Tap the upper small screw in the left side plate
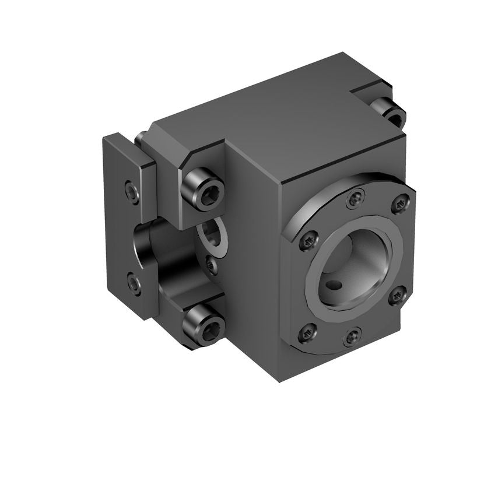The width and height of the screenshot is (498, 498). [x=132, y=192]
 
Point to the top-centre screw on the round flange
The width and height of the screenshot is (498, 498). [x=355, y=199]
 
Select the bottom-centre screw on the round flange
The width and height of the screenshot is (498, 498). [x=352, y=336]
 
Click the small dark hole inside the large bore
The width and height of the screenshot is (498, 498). [x=333, y=285]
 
